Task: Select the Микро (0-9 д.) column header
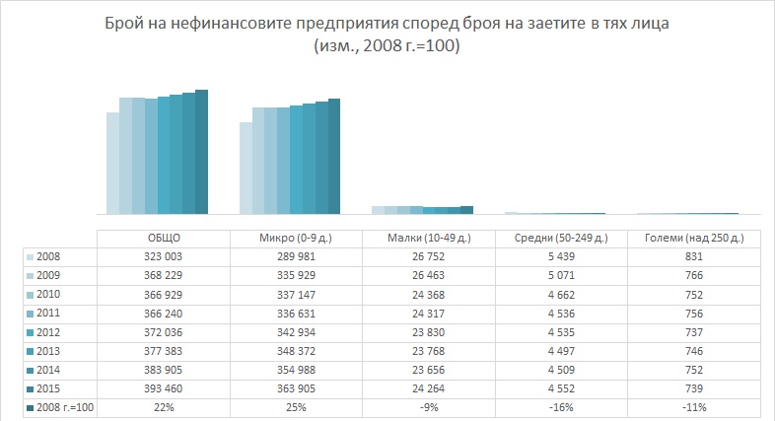[296, 239]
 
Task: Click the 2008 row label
[49, 256]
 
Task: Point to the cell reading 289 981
[296, 256]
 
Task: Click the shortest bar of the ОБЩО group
[113, 164]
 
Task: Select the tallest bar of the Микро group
[333, 156]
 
